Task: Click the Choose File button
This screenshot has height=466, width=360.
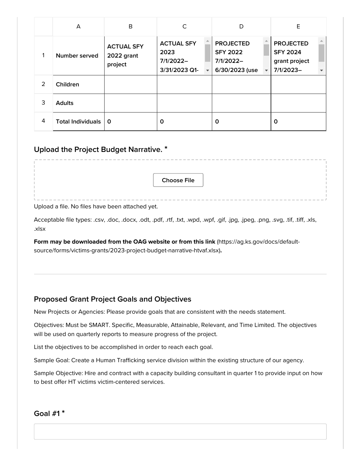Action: coord(178,180)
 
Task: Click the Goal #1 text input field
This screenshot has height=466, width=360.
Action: coord(180,432)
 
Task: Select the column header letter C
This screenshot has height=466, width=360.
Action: coord(184,27)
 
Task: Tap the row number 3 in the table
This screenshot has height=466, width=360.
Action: coord(43,103)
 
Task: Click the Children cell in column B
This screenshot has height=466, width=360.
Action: coord(130,84)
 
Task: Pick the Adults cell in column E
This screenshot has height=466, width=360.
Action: coord(298,103)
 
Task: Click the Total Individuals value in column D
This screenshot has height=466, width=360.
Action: coord(241,122)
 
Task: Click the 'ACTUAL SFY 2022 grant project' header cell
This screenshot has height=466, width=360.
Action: coord(130,56)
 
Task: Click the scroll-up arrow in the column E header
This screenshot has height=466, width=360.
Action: coord(321,41)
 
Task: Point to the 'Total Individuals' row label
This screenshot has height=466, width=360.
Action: coord(78,122)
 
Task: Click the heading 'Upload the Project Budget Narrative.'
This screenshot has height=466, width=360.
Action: coord(98,150)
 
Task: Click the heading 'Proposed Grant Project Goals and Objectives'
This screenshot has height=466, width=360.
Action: coord(113,299)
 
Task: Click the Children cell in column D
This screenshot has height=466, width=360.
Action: coord(241,84)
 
